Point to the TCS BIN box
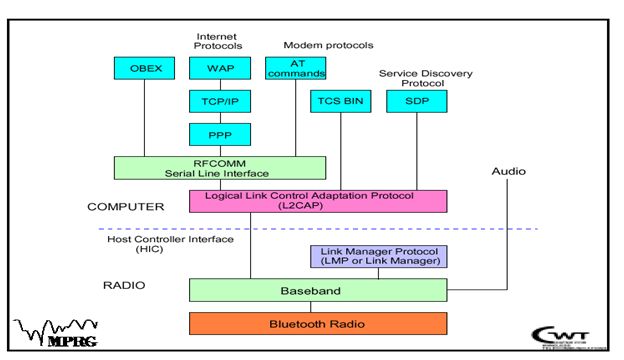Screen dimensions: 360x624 pyautogui.click(x=340, y=101)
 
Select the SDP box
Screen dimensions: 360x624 pyautogui.click(x=415, y=101)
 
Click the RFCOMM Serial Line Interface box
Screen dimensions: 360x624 pyautogui.click(x=219, y=167)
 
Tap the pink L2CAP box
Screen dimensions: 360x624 pyautogui.click(x=317, y=200)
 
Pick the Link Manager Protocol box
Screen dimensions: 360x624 pyautogui.click(x=377, y=257)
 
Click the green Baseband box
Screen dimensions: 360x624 pyautogui.click(x=317, y=290)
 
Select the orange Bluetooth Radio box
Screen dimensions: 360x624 pyautogui.click(x=317, y=324)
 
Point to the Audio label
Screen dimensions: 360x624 pyautogui.click(x=508, y=172)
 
